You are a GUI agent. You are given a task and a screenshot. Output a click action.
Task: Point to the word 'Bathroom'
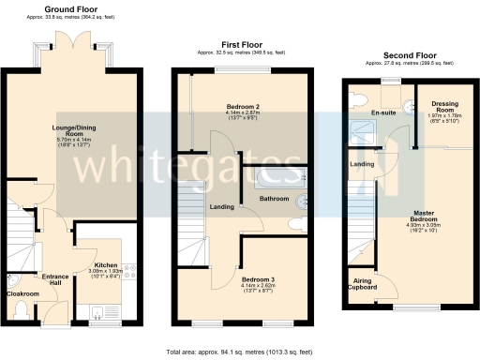pyautogui.click(x=274, y=199)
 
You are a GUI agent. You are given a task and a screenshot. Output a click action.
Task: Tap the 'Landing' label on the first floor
pyautogui.click(x=222, y=206)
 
